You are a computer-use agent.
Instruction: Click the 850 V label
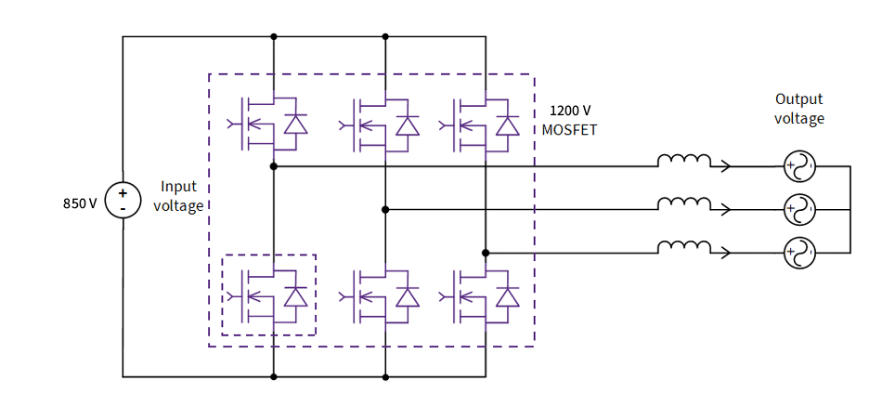click(x=80, y=203)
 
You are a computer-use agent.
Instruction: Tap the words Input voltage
click(x=177, y=196)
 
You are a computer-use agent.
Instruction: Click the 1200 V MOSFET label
click(x=569, y=120)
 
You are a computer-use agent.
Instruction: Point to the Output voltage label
click(x=799, y=109)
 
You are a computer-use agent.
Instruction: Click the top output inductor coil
click(x=684, y=162)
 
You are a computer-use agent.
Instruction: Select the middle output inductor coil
click(x=684, y=203)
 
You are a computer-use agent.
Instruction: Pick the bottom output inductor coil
click(x=684, y=246)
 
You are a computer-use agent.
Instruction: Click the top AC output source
click(x=799, y=167)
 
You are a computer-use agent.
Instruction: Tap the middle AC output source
click(x=799, y=210)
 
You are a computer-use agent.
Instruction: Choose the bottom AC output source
click(x=799, y=253)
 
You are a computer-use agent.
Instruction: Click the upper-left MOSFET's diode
click(x=295, y=124)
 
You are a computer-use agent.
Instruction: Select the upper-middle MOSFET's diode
click(x=407, y=124)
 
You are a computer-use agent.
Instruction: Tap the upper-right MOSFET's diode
click(x=507, y=124)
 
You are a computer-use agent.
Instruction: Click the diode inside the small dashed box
click(x=295, y=296)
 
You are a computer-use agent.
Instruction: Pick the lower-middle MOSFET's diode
click(x=407, y=296)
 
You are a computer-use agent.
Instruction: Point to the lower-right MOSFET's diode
click(x=507, y=296)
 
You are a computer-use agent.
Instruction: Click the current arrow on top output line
click(x=724, y=167)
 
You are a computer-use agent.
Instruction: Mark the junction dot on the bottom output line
click(x=486, y=253)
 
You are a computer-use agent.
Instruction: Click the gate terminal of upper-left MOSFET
click(x=232, y=124)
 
